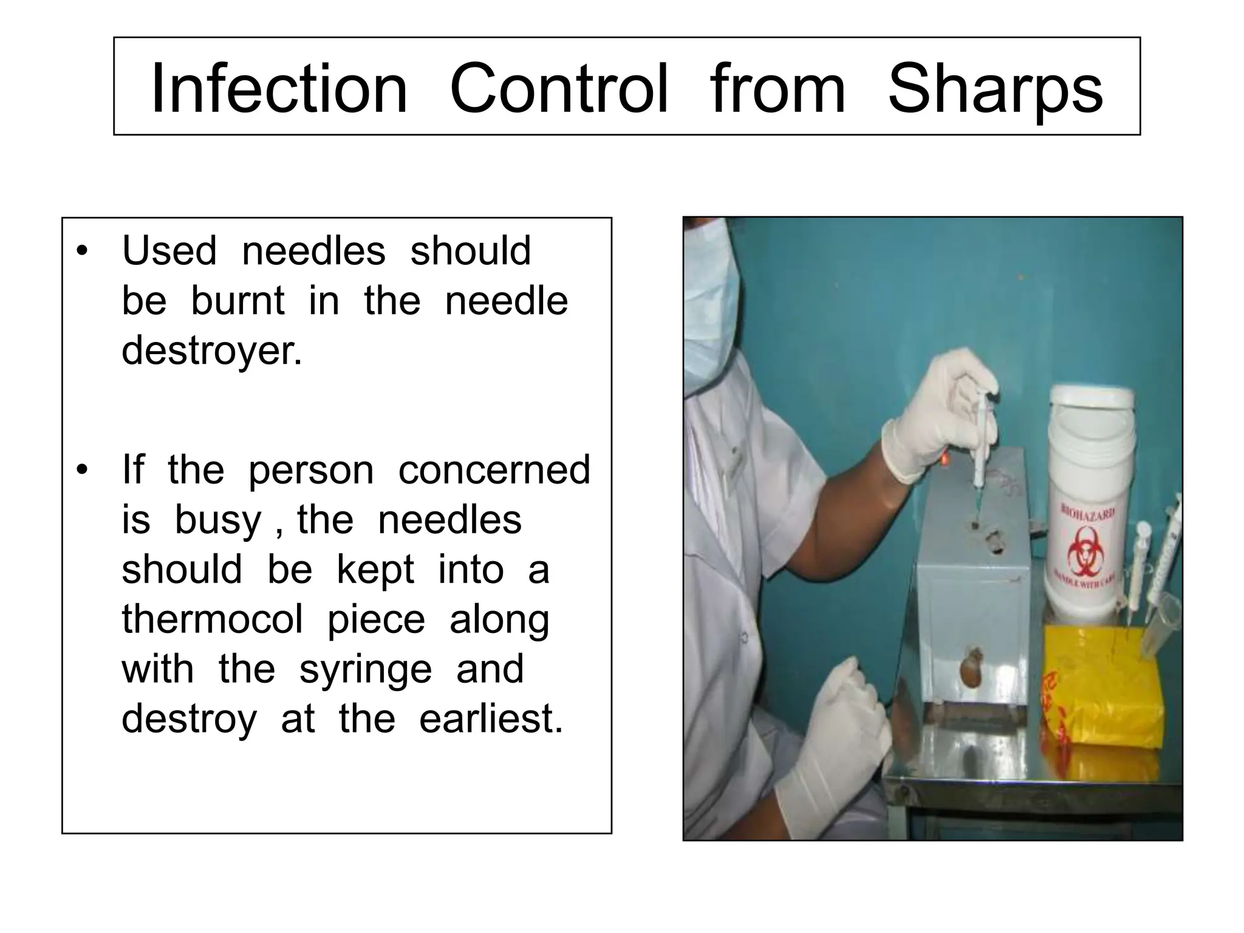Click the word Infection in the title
coord(279,89)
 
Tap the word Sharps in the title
coord(995,89)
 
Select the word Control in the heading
coord(559,89)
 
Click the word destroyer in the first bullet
coord(211,350)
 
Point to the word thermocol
coord(212,620)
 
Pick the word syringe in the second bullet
coord(365,669)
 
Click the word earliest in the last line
coord(491,719)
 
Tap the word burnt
coord(238,301)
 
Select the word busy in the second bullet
coord(218,521)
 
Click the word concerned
coord(494,470)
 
